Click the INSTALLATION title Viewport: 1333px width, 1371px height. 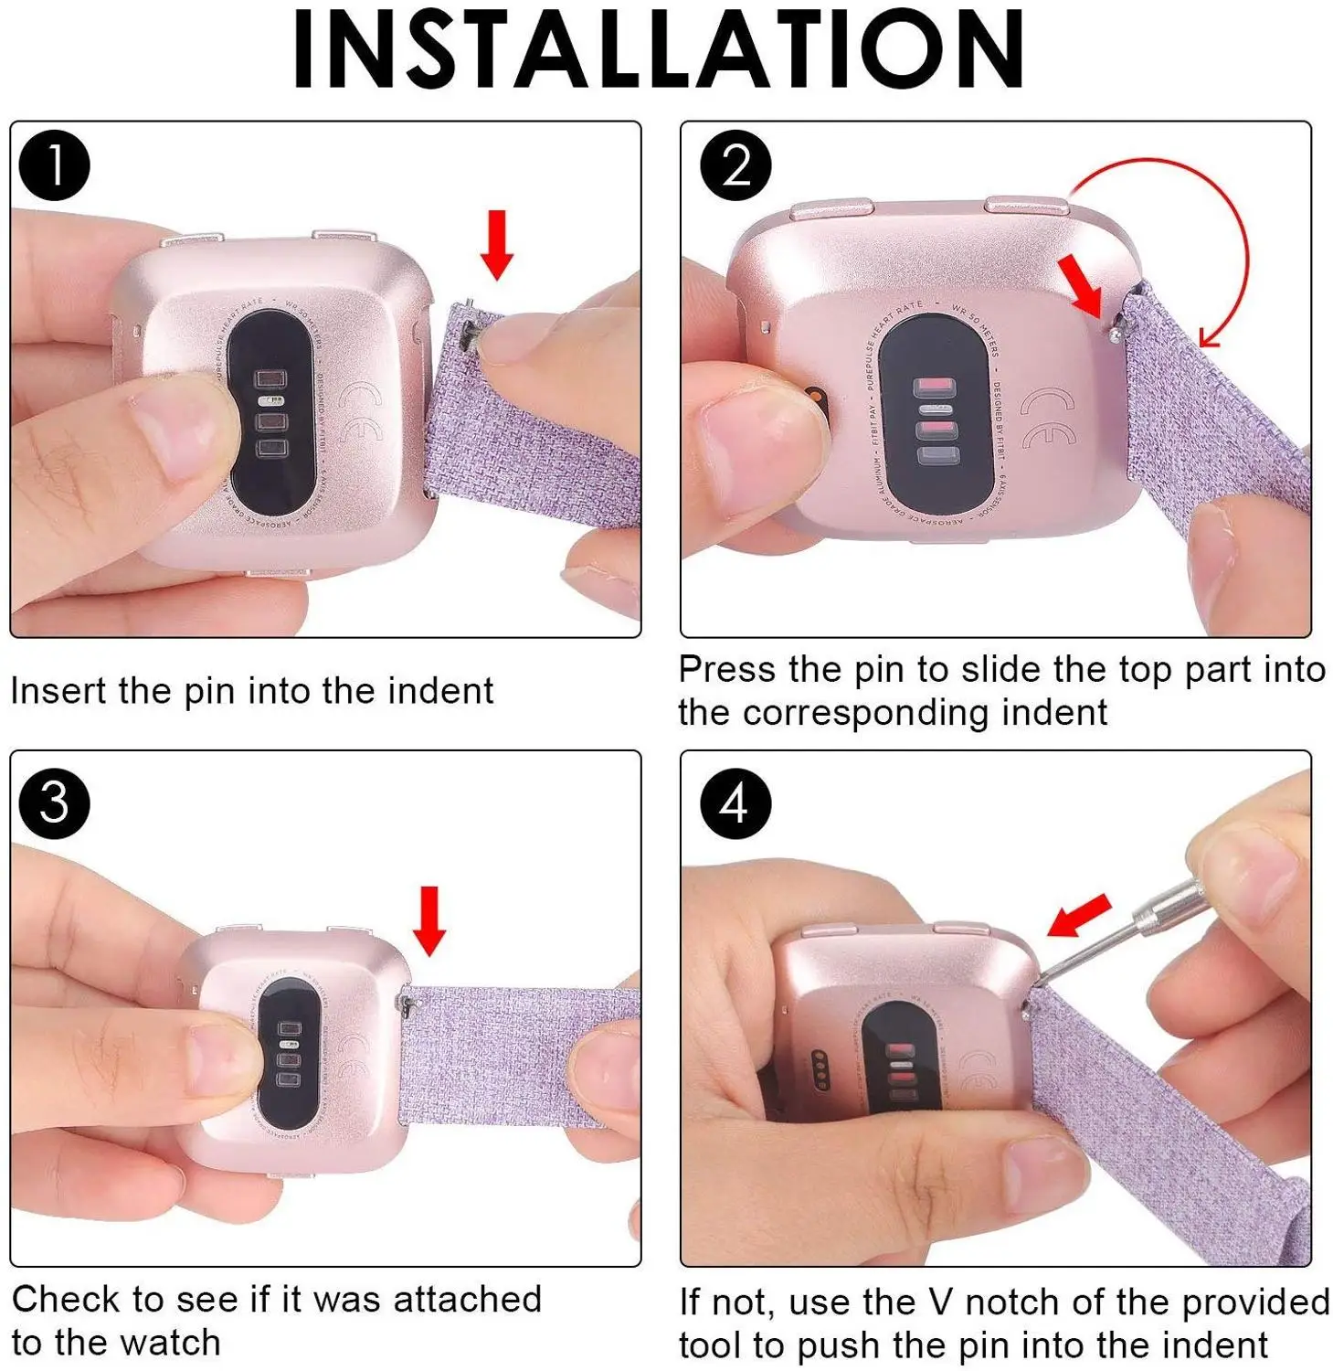pyautogui.click(x=658, y=49)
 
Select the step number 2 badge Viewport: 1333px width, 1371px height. pyautogui.click(x=735, y=165)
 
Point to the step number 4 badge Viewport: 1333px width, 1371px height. pyautogui.click(x=735, y=803)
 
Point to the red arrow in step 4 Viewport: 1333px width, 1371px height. pyautogui.click(x=1078, y=916)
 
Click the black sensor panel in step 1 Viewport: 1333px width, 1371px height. pyautogui.click(x=274, y=411)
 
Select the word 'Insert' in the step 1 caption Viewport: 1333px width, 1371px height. pyautogui.click(x=59, y=691)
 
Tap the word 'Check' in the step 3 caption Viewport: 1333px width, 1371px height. pyautogui.click(x=67, y=1299)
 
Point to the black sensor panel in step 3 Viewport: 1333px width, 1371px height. pyautogui.click(x=289, y=1051)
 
